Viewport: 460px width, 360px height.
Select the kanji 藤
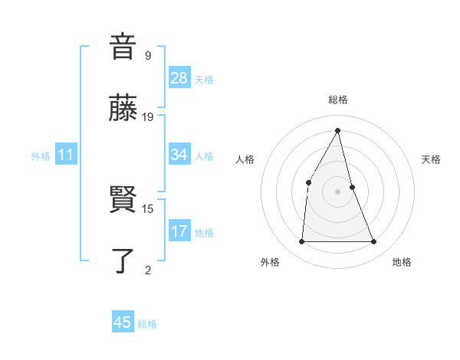pyautogui.click(x=123, y=109)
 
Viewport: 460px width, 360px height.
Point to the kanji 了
pyautogui.click(x=123, y=260)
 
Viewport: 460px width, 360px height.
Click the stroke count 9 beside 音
pyautogui.click(x=148, y=56)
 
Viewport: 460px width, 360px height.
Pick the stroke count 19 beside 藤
pyautogui.click(x=148, y=117)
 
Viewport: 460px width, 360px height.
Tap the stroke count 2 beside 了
pyautogui.click(x=148, y=269)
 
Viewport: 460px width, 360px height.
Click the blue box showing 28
pyautogui.click(x=179, y=78)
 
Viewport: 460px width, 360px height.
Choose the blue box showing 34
pyautogui.click(x=179, y=155)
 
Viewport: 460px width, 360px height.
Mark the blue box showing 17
pyautogui.click(x=179, y=231)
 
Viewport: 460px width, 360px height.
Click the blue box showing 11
pyautogui.click(x=66, y=155)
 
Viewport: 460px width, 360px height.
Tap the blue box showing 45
pyautogui.click(x=123, y=322)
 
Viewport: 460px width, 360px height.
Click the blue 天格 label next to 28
pyautogui.click(x=204, y=80)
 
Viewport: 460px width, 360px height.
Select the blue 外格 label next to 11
pyautogui.click(x=41, y=156)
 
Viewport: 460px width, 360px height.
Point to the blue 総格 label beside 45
pyautogui.click(x=147, y=324)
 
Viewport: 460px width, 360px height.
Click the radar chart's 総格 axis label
pyautogui.click(x=337, y=100)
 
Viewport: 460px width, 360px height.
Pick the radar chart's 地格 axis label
pyautogui.click(x=402, y=263)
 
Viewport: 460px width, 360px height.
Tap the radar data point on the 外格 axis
pyautogui.click(x=301, y=242)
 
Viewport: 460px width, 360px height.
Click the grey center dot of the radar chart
pyautogui.click(x=337, y=191)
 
